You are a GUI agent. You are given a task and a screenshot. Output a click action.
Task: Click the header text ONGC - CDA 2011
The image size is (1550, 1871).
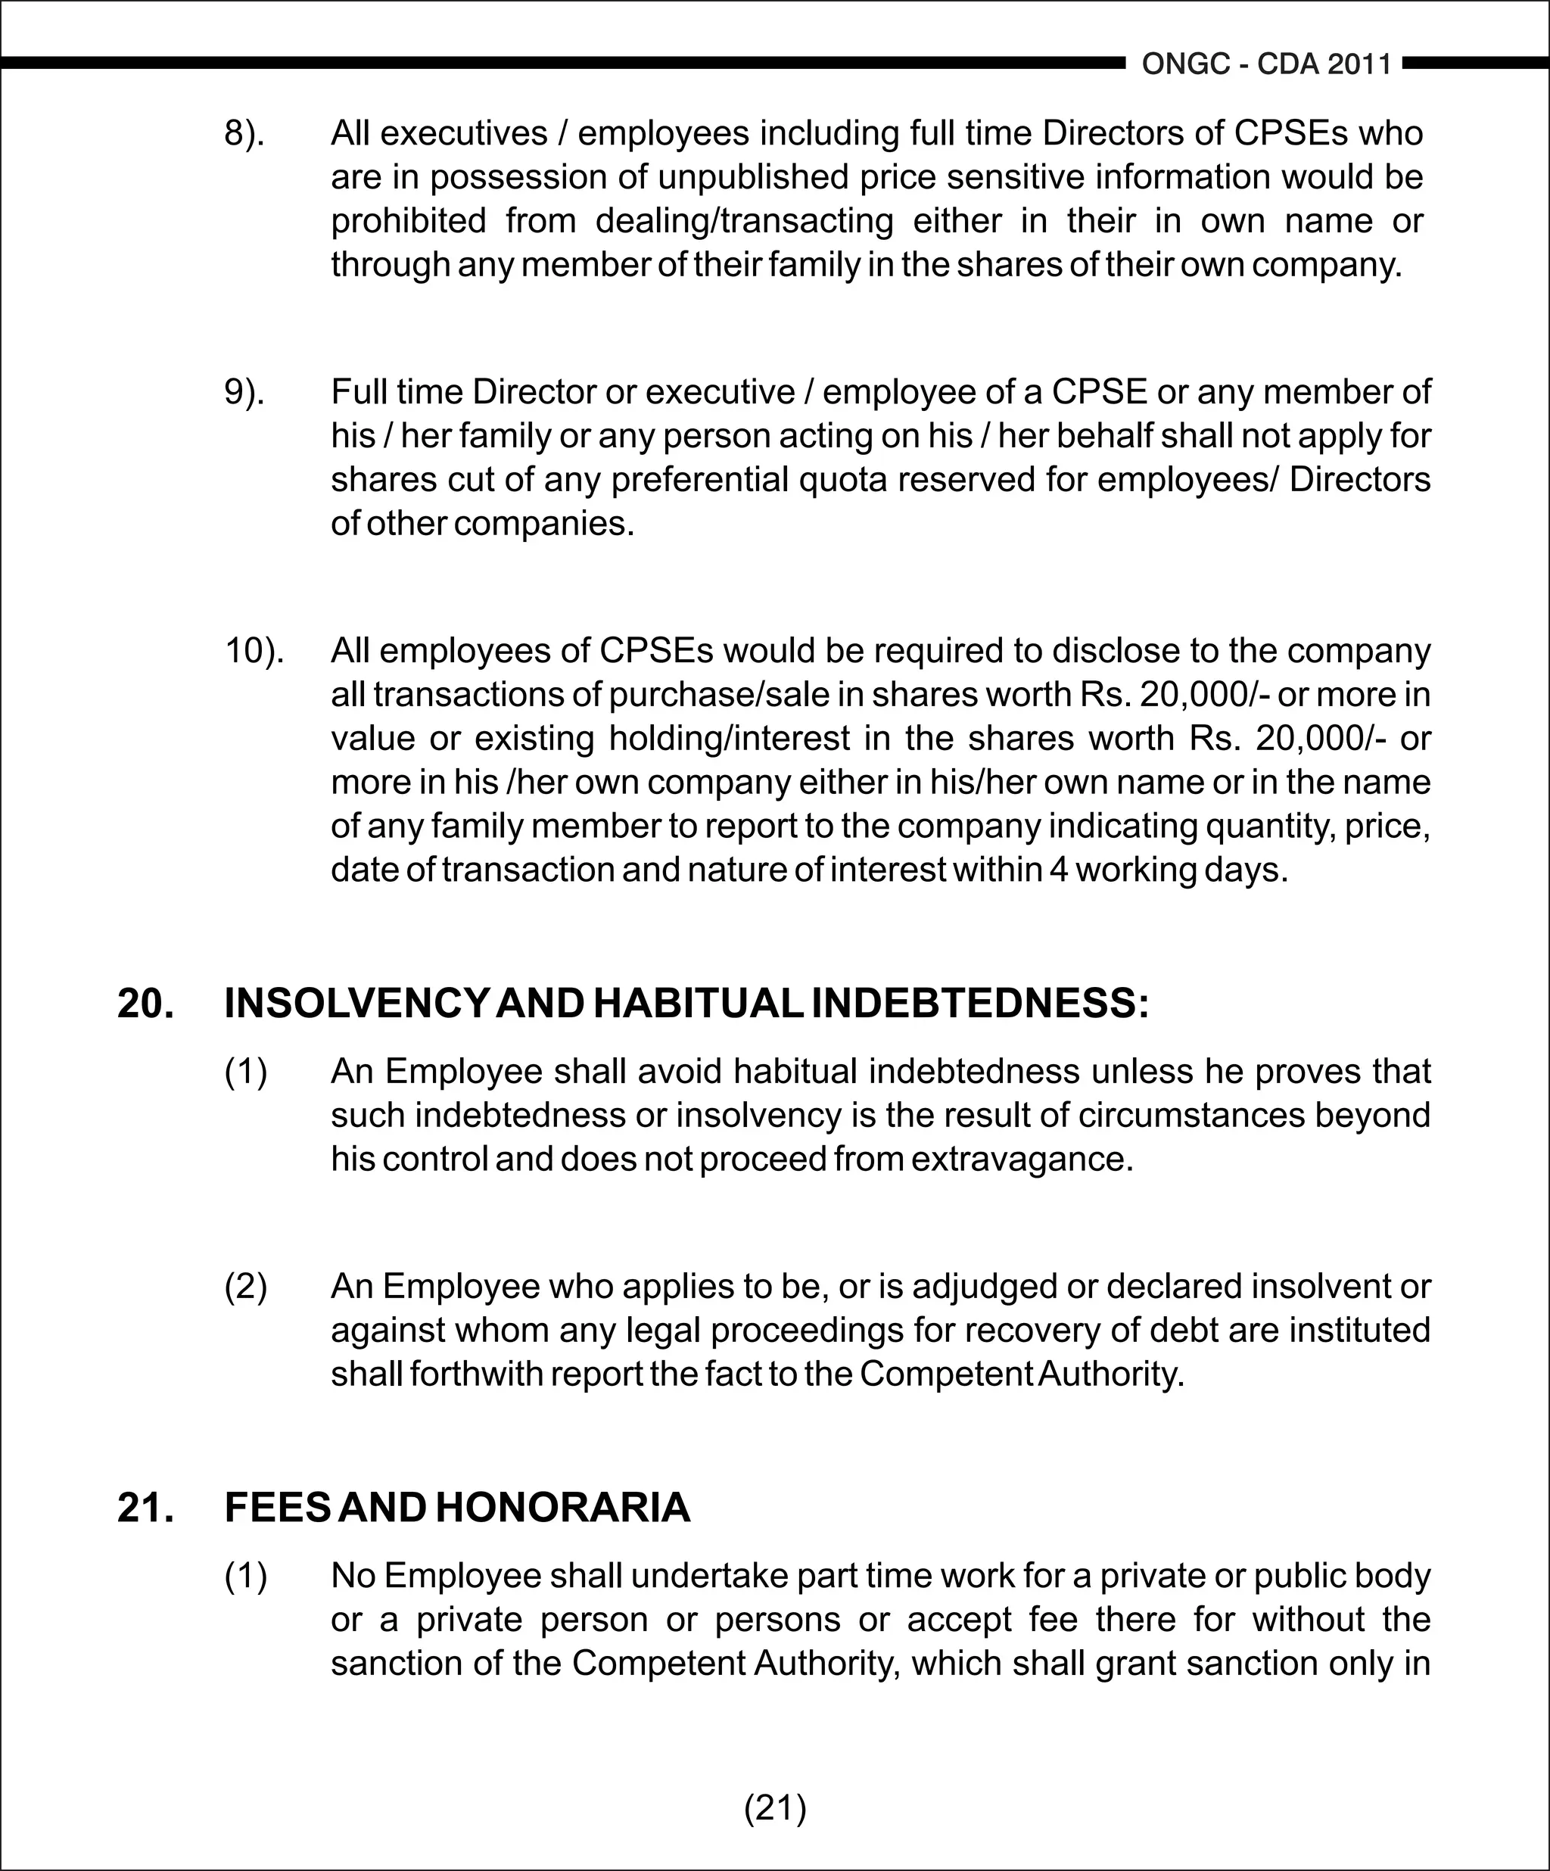[1266, 64]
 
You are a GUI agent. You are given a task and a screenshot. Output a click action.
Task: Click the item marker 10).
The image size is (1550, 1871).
[254, 651]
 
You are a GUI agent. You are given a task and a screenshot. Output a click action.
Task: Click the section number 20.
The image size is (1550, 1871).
[145, 1004]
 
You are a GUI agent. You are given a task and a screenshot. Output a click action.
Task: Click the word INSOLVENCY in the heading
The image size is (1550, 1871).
[356, 1004]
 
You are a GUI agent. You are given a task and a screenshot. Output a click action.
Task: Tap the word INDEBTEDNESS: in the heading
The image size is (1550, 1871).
[980, 1004]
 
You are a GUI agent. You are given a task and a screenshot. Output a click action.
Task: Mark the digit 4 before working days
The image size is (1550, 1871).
[1057, 870]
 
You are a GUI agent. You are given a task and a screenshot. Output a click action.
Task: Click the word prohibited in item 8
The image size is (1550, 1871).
[408, 221]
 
